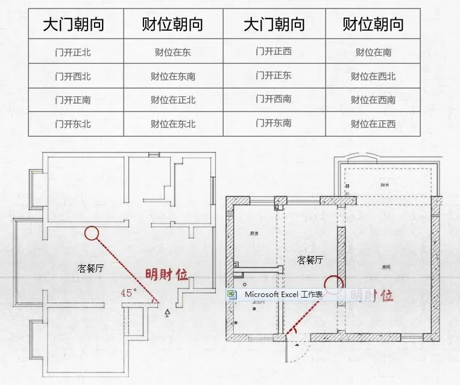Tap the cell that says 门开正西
pyautogui.click(x=273, y=51)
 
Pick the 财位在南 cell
pyautogui.click(x=373, y=52)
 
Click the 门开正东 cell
pyautogui.click(x=273, y=75)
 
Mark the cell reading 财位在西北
pyautogui.click(x=373, y=77)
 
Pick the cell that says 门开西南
pyautogui.click(x=273, y=99)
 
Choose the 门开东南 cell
pyautogui.click(x=273, y=123)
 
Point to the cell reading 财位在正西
pyautogui.click(x=373, y=124)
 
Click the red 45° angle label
pyautogui.click(x=128, y=292)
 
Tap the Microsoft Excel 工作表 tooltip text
pyautogui.click(x=283, y=294)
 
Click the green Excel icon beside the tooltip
pyautogui.click(x=232, y=294)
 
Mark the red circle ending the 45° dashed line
pyautogui.click(x=92, y=233)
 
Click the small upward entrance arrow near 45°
pyautogui.click(x=167, y=311)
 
